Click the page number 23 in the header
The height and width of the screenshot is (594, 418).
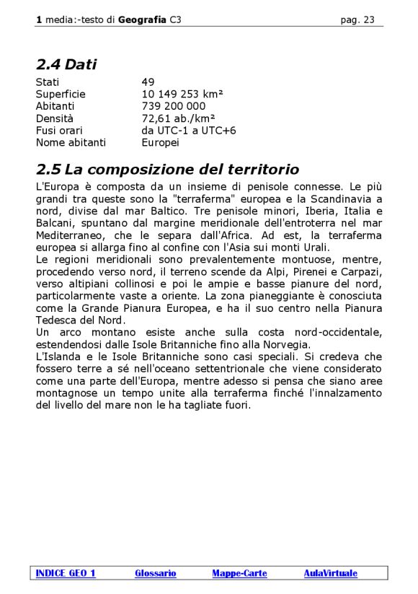368,20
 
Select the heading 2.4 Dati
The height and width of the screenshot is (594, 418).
66,65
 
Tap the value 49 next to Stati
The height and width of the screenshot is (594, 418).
148,82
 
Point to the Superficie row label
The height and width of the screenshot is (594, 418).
61,95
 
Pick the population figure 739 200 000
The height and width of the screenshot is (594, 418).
174,106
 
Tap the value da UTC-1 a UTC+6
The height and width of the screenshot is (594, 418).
189,131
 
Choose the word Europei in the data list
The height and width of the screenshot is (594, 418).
161,143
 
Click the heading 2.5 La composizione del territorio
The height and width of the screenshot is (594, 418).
167,170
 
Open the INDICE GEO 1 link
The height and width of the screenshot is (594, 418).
66,574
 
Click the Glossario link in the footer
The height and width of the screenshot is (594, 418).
155,574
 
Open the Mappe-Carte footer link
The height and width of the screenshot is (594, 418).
239,574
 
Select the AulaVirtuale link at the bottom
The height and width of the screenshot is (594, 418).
330,574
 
